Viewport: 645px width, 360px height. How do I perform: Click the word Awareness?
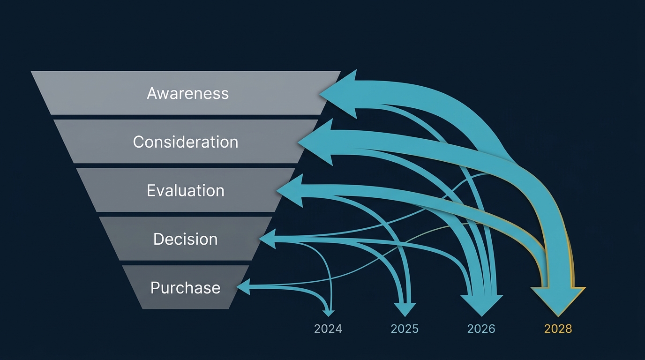coord(187,93)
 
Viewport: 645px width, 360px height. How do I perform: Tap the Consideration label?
coord(186,142)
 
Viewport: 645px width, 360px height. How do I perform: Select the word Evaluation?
coord(186,190)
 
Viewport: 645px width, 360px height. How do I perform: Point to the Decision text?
coord(186,239)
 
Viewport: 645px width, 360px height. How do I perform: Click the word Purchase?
coord(186,287)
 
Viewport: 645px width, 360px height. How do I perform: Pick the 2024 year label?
coord(328,329)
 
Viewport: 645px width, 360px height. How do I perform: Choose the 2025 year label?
coord(405,329)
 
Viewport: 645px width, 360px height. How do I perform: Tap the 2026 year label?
coord(481,329)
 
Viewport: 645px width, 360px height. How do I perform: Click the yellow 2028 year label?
coord(558,329)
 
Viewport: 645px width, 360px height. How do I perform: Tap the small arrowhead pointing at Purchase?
coord(243,286)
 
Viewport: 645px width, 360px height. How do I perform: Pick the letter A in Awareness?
coord(152,93)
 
